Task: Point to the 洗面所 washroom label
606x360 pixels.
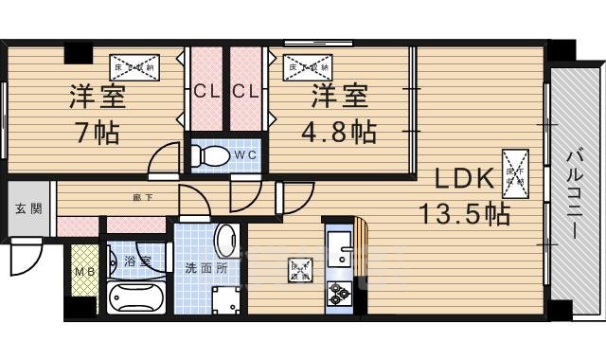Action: click(205, 267)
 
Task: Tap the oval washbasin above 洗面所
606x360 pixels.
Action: click(226, 241)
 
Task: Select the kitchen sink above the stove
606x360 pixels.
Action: click(339, 251)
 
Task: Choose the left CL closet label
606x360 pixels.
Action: click(205, 92)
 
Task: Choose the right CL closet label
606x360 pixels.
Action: click(246, 92)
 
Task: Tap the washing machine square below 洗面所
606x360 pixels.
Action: click(226, 300)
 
